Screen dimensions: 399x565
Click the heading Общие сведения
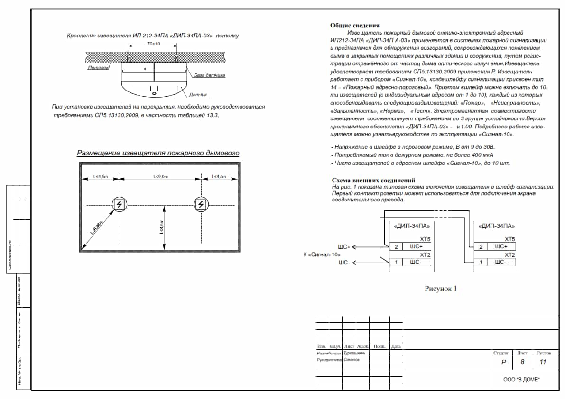(355, 26)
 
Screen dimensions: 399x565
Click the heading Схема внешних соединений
(373, 181)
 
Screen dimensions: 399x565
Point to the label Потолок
(98, 68)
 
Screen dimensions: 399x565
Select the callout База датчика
(209, 75)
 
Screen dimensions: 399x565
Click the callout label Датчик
(198, 95)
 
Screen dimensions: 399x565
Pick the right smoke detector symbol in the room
(201, 205)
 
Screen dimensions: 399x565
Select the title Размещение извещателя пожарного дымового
(158, 153)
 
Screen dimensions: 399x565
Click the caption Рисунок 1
(440, 288)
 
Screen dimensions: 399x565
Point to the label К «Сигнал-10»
(322, 254)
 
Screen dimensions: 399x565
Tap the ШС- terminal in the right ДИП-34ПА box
(502, 262)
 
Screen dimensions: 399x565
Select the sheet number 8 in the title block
(522, 363)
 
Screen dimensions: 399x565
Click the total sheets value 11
(544, 363)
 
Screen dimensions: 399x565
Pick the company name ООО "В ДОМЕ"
(522, 380)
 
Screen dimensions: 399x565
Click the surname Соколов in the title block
(352, 360)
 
